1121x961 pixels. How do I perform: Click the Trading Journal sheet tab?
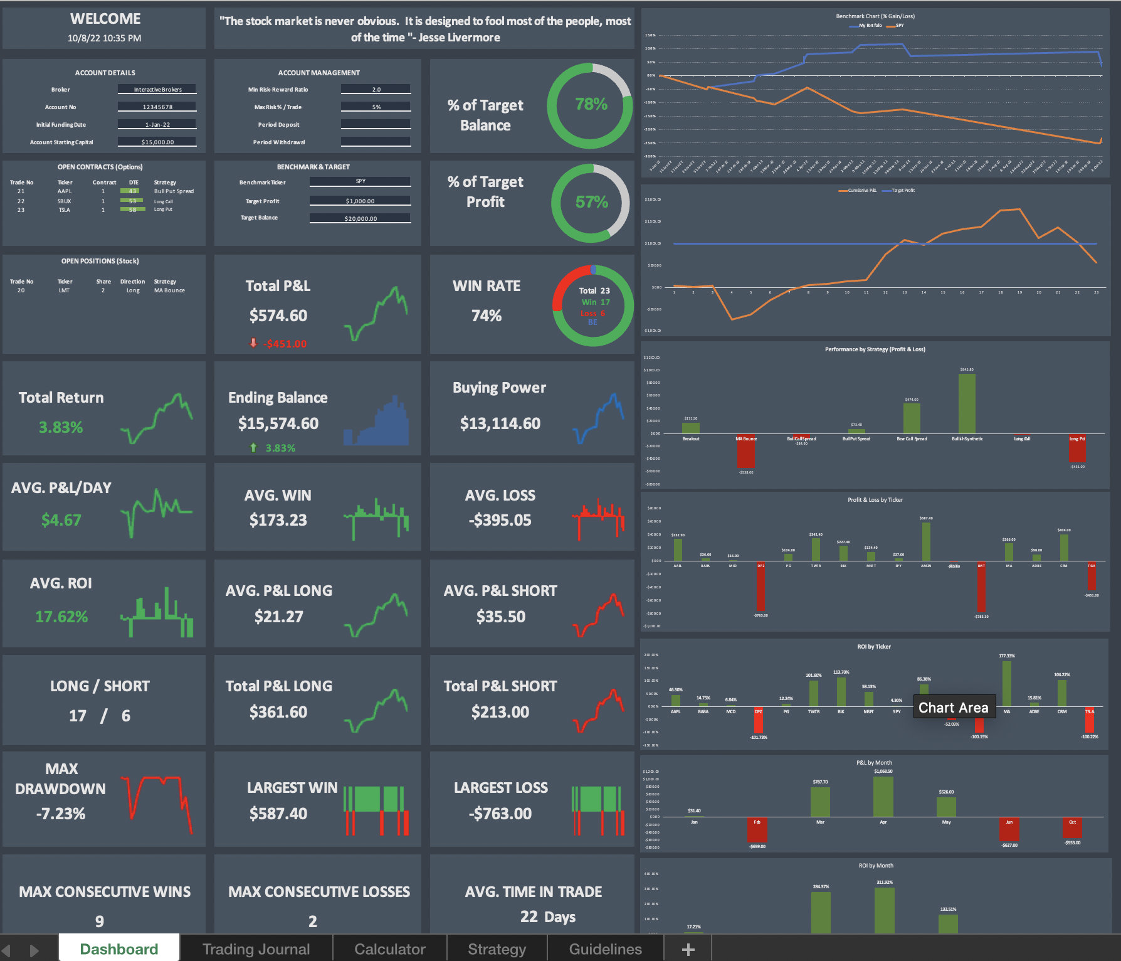point(256,948)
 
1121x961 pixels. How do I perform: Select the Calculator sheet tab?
point(389,948)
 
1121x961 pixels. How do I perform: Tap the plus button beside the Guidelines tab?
point(688,949)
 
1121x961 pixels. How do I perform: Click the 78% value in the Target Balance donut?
point(591,104)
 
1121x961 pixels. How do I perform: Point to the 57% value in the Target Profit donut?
point(591,202)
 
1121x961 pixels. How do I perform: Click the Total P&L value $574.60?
point(278,316)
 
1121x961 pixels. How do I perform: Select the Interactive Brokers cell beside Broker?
point(157,90)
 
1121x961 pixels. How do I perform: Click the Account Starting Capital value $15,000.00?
point(157,142)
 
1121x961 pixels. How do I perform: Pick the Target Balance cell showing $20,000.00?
point(361,219)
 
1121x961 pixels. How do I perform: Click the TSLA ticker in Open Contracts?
point(65,210)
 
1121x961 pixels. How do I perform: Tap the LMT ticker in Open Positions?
point(65,290)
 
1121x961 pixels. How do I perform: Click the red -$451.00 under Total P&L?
point(285,344)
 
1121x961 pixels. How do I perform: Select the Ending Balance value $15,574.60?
point(278,423)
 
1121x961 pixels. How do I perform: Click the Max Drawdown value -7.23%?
point(61,814)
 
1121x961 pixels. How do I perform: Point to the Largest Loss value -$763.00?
point(500,814)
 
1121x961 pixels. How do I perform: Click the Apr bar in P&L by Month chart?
point(883,797)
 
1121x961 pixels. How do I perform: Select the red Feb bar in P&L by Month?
point(757,829)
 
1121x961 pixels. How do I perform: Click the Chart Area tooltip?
point(953,708)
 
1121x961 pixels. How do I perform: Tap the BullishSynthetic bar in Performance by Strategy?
point(967,403)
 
